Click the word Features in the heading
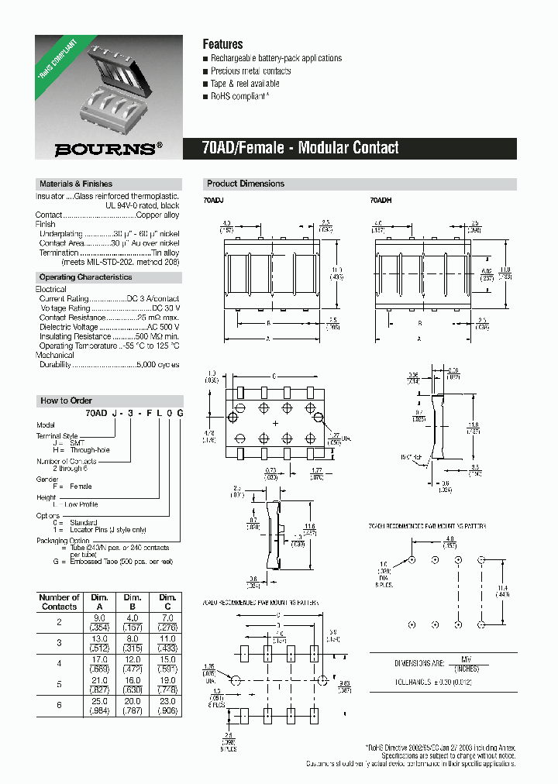(x=222, y=44)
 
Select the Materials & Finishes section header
(x=75, y=184)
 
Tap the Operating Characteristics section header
(x=85, y=277)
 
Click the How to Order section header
(x=66, y=401)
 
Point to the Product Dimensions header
(x=245, y=184)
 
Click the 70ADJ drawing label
(x=212, y=201)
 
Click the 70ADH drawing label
(x=381, y=201)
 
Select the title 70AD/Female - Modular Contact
(x=300, y=147)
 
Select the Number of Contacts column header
(x=59, y=602)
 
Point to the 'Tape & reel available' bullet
(x=245, y=84)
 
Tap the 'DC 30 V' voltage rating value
(x=163, y=308)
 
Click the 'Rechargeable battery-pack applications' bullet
(x=276, y=58)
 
